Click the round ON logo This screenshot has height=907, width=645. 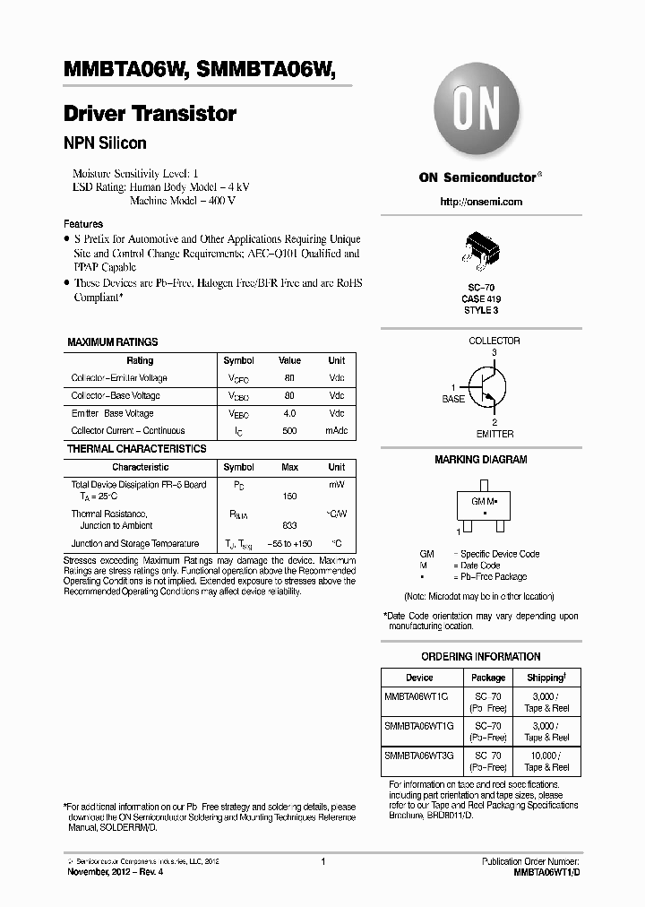[x=479, y=112]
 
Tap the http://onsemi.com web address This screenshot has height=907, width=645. [x=481, y=202]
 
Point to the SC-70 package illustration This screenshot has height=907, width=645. [x=480, y=251]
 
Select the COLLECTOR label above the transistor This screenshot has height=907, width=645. [x=494, y=341]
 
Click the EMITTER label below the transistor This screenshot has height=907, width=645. [x=494, y=434]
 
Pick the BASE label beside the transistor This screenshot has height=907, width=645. [x=454, y=399]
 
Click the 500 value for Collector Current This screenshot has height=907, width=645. [x=289, y=431]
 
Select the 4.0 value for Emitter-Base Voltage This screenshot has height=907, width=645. [x=289, y=413]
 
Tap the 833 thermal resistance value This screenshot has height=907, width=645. [x=289, y=526]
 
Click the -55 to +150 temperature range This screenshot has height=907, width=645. [x=289, y=544]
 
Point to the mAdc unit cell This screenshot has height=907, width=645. [x=336, y=431]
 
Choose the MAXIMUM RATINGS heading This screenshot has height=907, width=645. [x=113, y=342]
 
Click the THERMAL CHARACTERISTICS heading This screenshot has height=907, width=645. [x=137, y=449]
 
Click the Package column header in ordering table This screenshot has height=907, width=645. [x=488, y=678]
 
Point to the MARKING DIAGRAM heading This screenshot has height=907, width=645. [x=480, y=460]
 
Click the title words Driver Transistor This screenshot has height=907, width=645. [x=150, y=114]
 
